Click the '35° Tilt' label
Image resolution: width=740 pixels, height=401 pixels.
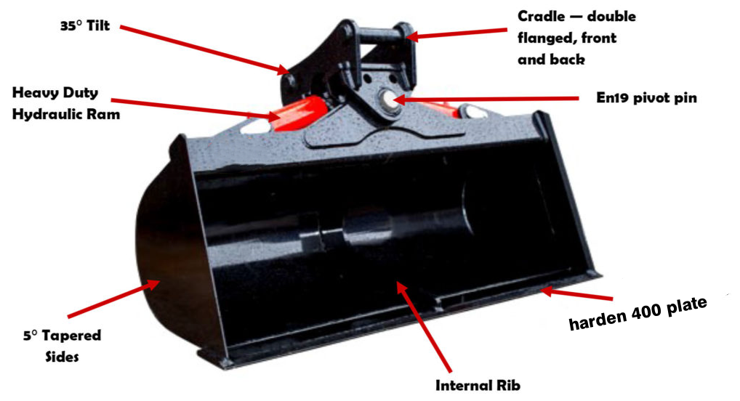85,26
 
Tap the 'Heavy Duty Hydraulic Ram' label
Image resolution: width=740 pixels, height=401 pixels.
66,103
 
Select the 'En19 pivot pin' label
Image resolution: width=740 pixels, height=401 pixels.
646,98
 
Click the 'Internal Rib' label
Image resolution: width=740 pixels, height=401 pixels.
478,386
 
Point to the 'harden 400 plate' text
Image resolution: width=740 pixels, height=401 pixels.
638,313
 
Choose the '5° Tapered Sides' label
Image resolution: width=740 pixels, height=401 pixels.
62,346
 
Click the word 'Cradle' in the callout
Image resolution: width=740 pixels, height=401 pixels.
542,17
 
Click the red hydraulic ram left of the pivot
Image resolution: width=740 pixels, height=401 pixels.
297,113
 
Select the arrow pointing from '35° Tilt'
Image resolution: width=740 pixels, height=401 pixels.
204,50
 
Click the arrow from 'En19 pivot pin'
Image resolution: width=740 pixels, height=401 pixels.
486,99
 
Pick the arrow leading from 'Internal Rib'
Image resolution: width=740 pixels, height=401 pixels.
423,327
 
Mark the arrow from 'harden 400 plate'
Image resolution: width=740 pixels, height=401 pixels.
576,294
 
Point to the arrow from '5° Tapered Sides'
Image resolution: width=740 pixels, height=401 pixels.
113,299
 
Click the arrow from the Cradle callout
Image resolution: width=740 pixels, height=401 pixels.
456,33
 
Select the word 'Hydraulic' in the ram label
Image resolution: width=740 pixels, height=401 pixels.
42,115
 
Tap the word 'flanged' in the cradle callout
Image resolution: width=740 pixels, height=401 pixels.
547,39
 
